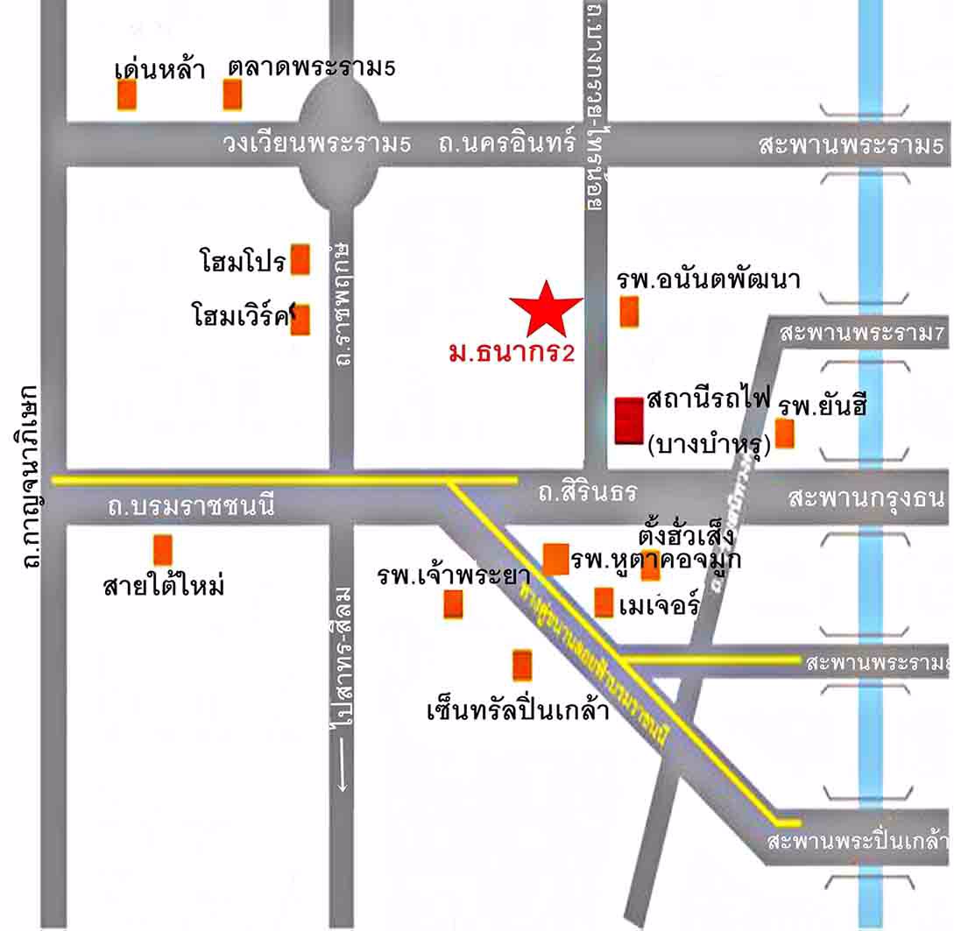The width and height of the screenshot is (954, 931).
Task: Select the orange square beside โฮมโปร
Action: point(300,259)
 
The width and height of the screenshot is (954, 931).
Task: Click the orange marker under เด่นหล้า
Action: point(127,95)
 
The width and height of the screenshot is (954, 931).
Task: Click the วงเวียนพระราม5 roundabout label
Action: point(315,144)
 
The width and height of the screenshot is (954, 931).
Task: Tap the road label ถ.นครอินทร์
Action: point(507,144)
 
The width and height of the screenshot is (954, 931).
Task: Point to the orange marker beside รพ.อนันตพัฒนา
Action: point(629,311)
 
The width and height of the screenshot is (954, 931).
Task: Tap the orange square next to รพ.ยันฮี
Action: point(785,434)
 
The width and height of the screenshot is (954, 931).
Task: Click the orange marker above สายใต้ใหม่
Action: point(163,549)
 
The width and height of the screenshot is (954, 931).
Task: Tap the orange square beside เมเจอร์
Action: point(604,603)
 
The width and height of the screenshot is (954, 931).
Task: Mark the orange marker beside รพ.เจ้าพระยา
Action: point(453,604)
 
